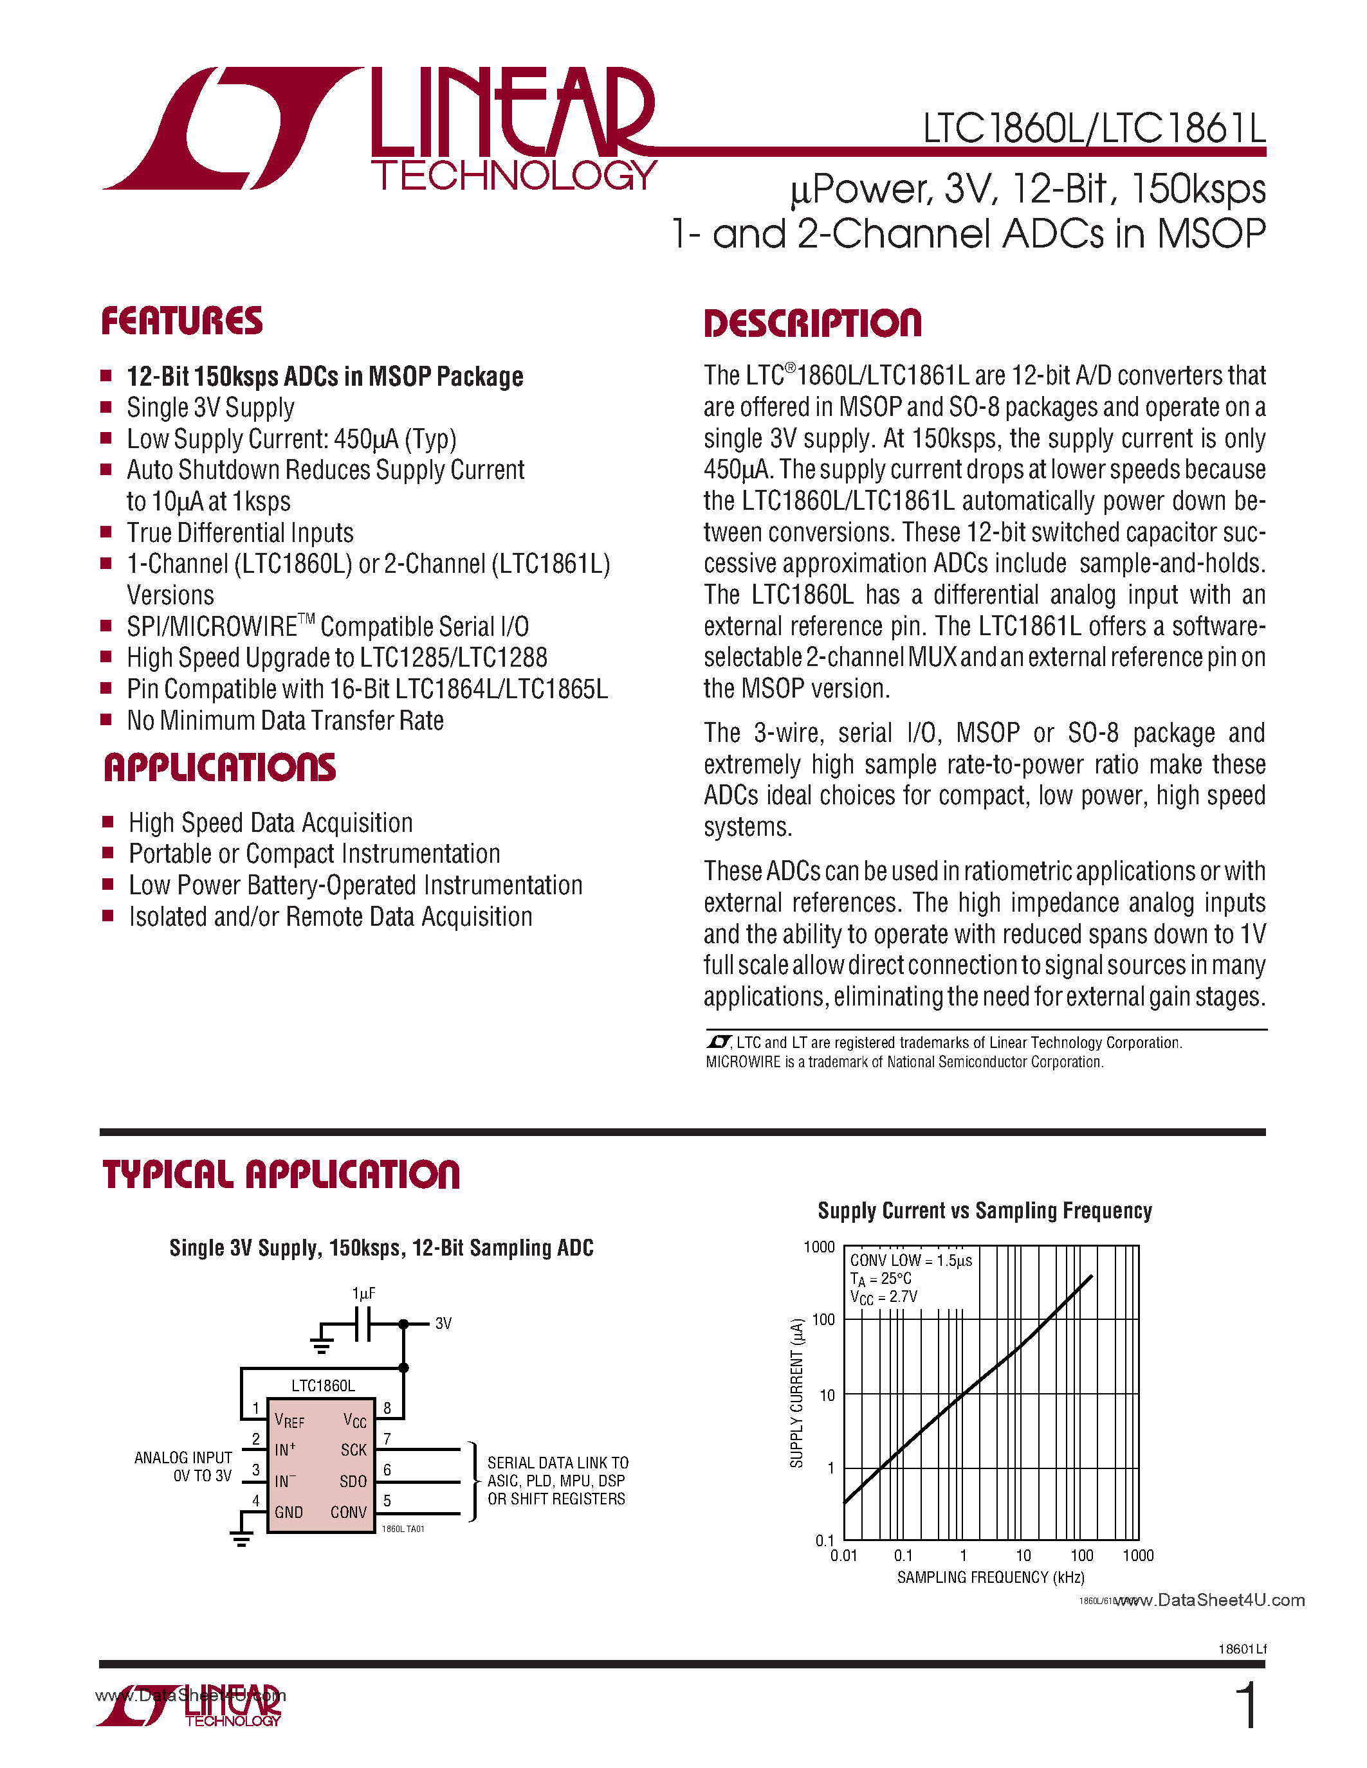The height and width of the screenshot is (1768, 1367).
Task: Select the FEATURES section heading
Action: (181, 321)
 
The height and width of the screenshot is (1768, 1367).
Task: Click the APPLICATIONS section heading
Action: (219, 768)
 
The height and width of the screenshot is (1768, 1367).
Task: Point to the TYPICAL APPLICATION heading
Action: (280, 1175)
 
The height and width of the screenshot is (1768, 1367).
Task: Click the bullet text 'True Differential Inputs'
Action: (240, 533)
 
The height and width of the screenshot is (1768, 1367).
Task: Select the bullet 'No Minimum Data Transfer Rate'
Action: (285, 721)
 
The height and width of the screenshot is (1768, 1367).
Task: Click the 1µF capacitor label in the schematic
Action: (363, 1294)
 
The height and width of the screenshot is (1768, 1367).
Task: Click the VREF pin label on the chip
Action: (289, 1421)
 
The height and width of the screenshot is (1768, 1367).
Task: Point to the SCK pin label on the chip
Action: (353, 1450)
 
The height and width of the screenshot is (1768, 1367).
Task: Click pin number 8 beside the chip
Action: (387, 1408)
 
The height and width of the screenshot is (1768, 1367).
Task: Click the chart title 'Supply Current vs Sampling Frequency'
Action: (984, 1211)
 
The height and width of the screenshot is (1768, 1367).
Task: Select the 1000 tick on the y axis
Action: (819, 1247)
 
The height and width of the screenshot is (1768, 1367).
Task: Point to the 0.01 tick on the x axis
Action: (843, 1556)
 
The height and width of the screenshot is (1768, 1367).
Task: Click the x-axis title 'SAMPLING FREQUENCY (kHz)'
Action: (991, 1578)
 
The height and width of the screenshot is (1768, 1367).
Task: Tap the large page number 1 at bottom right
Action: (1248, 1706)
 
